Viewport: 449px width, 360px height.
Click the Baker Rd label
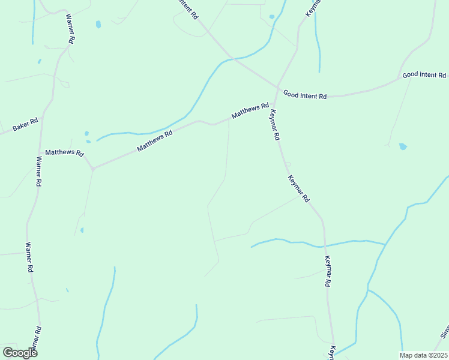26,125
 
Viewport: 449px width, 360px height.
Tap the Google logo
20,353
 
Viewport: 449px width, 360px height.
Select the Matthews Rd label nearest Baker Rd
64,153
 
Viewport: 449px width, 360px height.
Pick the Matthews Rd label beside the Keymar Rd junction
250,110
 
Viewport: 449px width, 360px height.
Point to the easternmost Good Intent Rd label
424,75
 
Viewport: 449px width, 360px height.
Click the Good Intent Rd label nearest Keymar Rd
305,95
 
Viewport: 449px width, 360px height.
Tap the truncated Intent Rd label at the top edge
187,9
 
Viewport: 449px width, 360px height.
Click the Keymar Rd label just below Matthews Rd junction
275,125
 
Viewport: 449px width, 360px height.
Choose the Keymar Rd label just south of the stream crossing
328,271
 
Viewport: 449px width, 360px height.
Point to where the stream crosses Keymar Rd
325,245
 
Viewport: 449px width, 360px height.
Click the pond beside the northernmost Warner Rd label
98,25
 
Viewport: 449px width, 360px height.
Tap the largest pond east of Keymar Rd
403,146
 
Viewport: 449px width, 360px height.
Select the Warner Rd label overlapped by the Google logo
37,340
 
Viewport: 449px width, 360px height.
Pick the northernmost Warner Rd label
70,28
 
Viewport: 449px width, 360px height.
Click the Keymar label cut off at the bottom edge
331,352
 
